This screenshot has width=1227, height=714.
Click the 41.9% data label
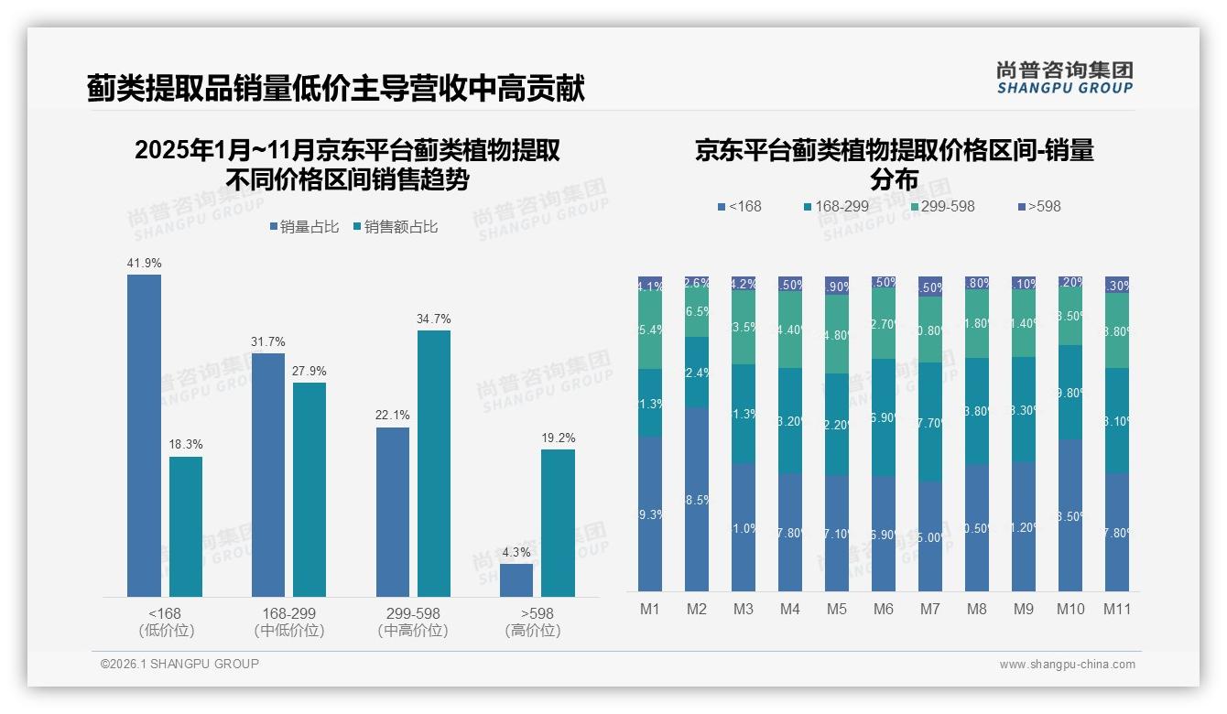point(144,264)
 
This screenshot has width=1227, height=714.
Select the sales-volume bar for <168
point(144,436)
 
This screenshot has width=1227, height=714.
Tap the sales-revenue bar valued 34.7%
point(434,463)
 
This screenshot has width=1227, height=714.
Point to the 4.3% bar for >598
point(516,580)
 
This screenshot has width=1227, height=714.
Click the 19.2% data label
point(558,438)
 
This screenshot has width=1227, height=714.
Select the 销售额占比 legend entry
point(395,227)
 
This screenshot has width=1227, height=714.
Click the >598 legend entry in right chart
point(1038,207)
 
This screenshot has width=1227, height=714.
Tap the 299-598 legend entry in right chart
point(942,207)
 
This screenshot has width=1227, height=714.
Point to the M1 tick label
point(650,609)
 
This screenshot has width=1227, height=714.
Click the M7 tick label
point(930,609)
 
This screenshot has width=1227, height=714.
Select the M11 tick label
point(1117,609)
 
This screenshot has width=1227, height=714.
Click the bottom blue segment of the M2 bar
point(697,499)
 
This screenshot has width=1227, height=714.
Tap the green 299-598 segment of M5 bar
point(837,334)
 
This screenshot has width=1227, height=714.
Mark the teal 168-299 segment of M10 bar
point(1070,392)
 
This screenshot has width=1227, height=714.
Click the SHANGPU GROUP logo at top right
point(1064,78)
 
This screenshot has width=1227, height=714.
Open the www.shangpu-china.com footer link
point(1067,665)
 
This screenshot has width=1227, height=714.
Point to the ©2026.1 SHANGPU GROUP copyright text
point(179,664)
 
